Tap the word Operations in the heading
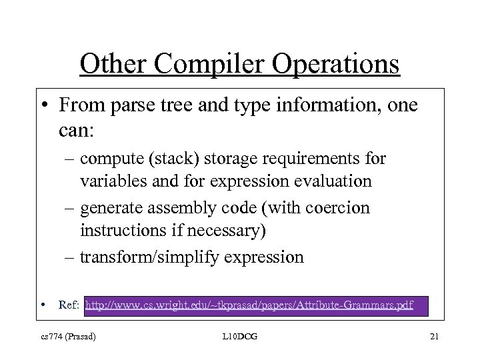pos(335,64)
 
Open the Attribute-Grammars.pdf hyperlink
pos(249,305)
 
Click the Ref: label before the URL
pos(69,305)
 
